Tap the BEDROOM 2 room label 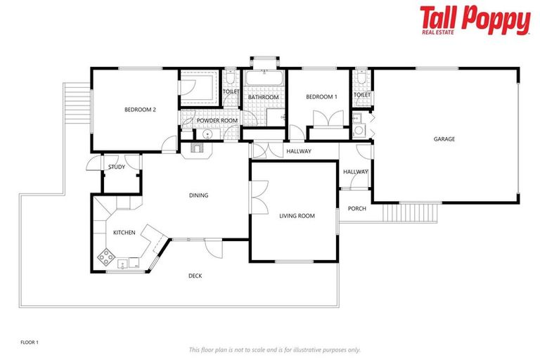(139, 109)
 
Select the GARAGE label (444, 139)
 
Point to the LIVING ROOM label (297, 216)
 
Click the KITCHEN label (124, 232)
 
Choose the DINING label (198, 195)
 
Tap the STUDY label (117, 167)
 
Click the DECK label (195, 276)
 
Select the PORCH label (356, 208)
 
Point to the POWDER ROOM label (217, 121)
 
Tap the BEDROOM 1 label (321, 96)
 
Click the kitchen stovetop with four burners (106, 257)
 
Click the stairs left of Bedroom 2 (77, 105)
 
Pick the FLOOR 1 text (30, 342)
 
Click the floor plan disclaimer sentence (274, 349)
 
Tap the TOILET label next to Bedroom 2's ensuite (231, 91)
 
